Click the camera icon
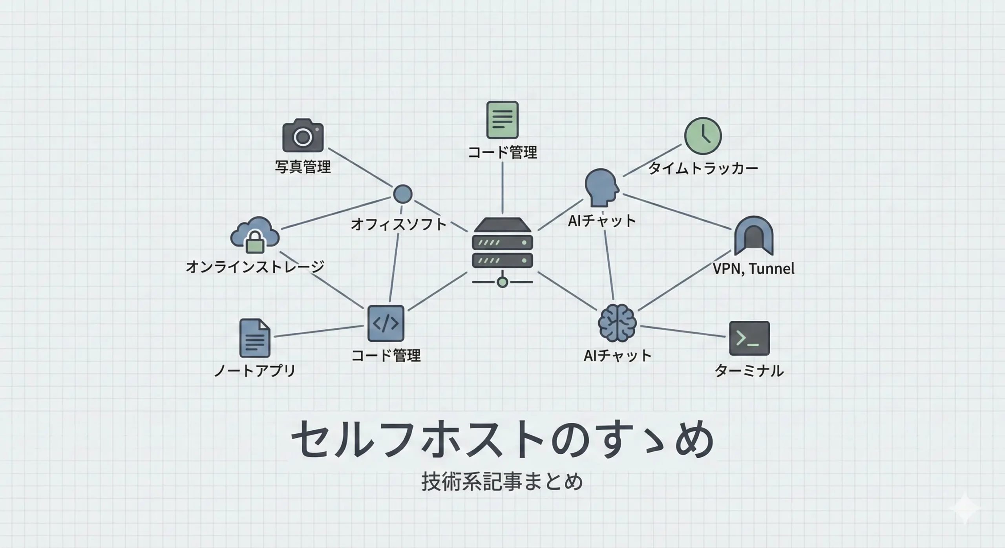pos(303,135)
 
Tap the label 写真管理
pos(303,167)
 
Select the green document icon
pos(502,120)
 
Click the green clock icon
pos(703,136)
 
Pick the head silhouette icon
pos(601,188)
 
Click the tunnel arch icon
pos(753,236)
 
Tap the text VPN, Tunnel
pos(753,269)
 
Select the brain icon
pos(617,323)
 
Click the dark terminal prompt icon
pos(749,338)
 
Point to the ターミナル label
pos(749,371)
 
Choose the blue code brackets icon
pos(386,323)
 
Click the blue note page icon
pos(254,338)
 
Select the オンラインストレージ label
pos(255,267)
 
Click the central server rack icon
pos(502,252)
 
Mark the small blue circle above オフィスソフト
pos(403,194)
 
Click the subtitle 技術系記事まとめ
pos(502,482)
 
